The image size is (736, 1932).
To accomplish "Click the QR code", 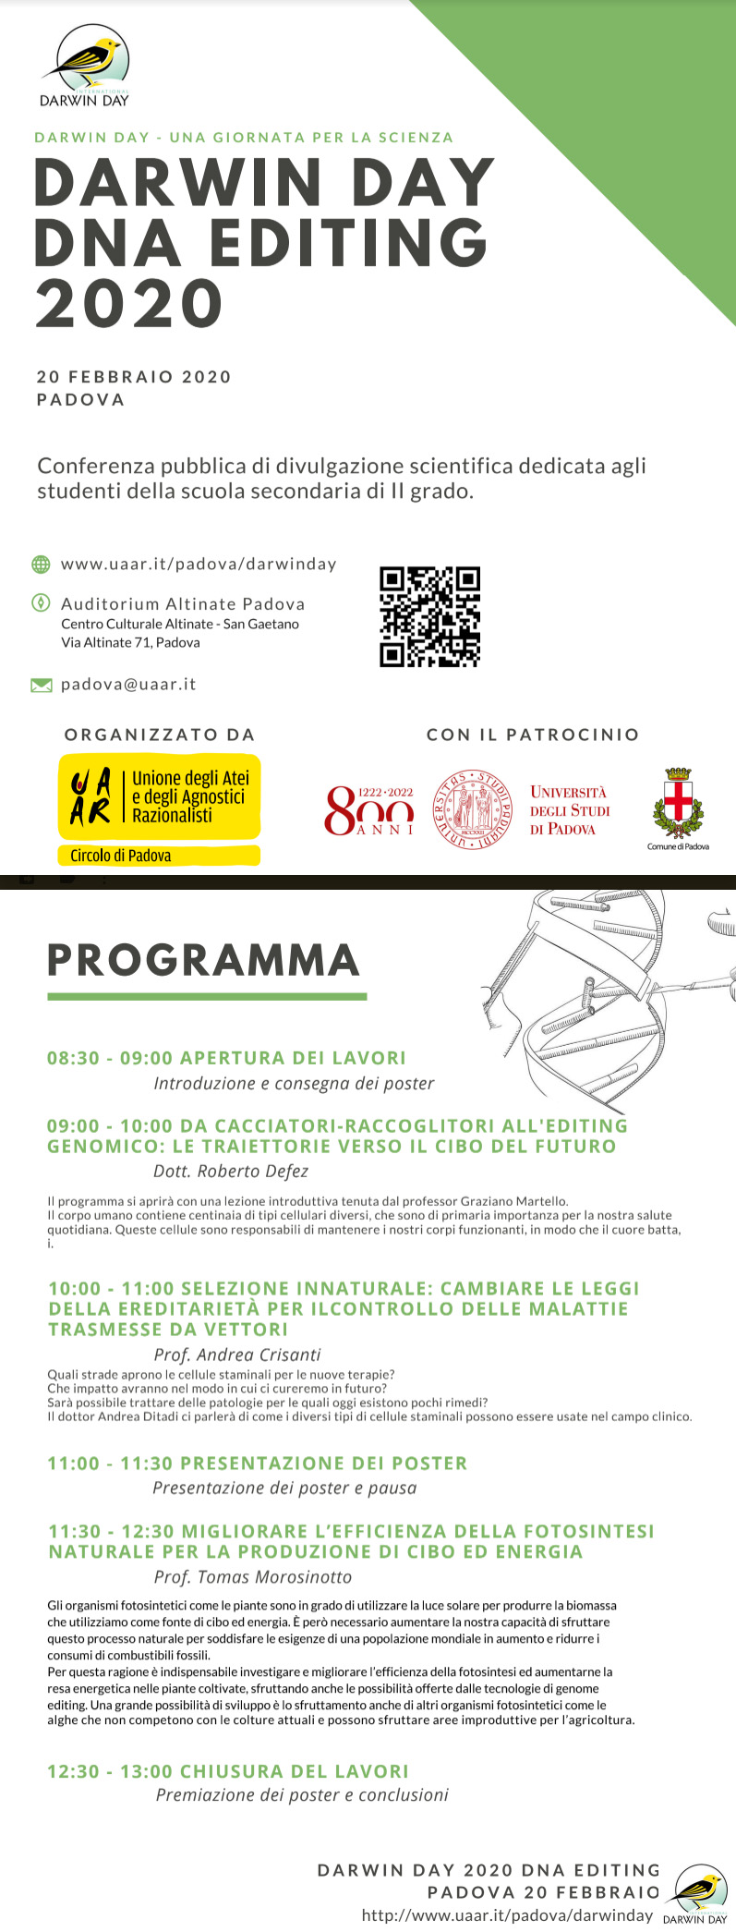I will pos(429,616).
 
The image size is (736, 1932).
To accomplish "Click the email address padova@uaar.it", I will pos(128,685).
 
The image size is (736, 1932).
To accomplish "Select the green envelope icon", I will pos(42,685).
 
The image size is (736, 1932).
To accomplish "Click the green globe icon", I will pos(41,564).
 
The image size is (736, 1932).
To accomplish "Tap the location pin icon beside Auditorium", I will pos(41,603).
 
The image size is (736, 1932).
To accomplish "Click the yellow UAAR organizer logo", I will pos(159,796).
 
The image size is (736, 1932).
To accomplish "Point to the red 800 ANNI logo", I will pos(369,810).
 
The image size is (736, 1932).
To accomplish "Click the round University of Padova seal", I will pos(473,810).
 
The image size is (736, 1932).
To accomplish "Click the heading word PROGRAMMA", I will pos(203,960).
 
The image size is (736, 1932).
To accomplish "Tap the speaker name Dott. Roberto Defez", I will pos(231,1172).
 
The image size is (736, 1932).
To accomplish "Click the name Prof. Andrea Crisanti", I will pos(237,1355).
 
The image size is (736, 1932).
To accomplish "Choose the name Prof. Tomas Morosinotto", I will pos(253,1577).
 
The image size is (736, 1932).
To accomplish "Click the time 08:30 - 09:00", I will pos(110,1058).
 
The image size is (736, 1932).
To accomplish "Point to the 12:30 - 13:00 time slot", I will pos(110,1771).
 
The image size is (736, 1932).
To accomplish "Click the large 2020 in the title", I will pos(129,303).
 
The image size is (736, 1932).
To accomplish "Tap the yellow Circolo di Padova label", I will pos(121,856).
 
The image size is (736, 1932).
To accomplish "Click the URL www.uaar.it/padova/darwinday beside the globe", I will pos(199,564).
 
